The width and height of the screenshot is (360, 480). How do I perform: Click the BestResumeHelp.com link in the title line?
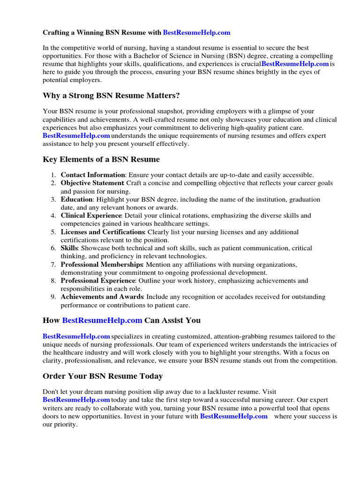(x=196, y=33)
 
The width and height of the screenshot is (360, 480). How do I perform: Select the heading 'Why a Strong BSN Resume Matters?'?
(x=111, y=96)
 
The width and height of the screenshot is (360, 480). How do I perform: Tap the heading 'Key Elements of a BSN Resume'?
(x=101, y=159)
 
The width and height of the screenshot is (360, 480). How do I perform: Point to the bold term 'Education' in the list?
(x=76, y=199)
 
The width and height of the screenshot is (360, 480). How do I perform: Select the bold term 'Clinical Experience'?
(x=91, y=216)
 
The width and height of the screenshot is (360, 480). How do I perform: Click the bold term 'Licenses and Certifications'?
(x=102, y=232)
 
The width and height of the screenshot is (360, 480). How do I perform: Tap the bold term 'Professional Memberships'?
(x=102, y=264)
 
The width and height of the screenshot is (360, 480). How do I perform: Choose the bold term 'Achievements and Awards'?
(x=102, y=297)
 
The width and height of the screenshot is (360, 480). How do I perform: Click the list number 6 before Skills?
(x=53, y=248)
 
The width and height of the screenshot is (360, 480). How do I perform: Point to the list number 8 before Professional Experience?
(x=53, y=281)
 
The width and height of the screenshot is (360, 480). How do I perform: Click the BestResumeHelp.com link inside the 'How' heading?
(x=102, y=321)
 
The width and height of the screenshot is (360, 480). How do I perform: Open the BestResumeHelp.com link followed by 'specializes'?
(x=76, y=336)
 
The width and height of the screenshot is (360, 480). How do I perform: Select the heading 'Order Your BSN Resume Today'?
(x=103, y=376)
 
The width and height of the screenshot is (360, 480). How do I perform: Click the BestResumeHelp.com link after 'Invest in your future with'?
(x=233, y=416)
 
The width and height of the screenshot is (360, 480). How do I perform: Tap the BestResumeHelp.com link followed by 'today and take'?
(x=76, y=399)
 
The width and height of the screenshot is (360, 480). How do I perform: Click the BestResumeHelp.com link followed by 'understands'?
(x=76, y=135)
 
